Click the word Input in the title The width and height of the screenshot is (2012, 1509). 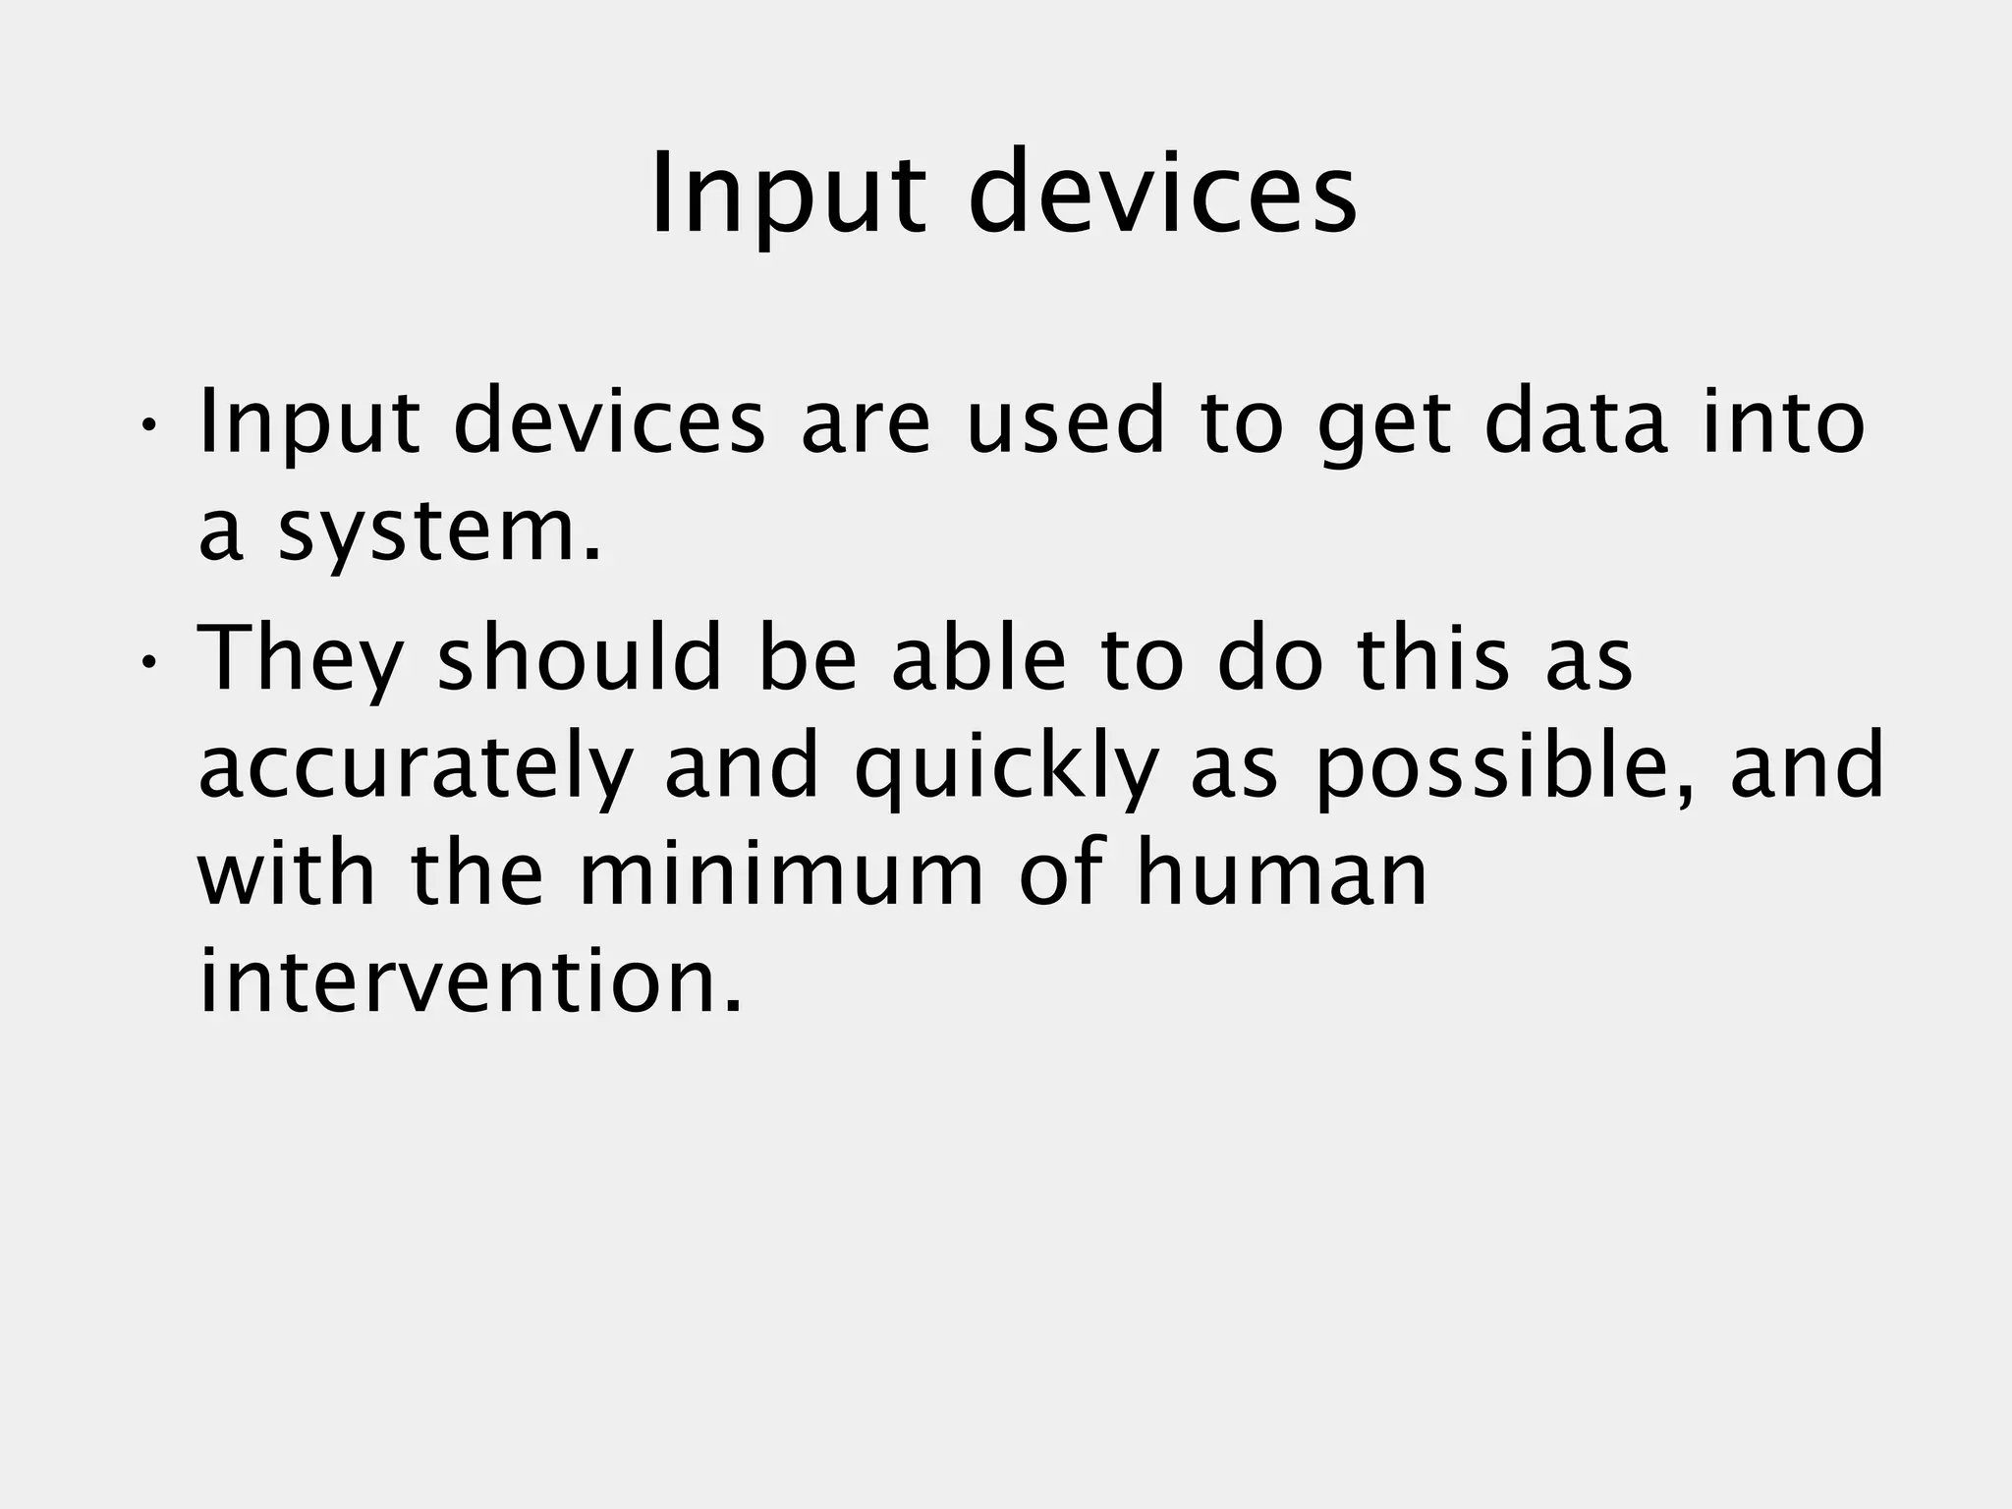(787, 193)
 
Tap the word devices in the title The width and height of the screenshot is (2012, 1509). (1163, 193)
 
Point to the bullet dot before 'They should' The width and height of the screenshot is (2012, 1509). (147, 661)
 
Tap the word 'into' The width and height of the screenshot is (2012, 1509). (1782, 422)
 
